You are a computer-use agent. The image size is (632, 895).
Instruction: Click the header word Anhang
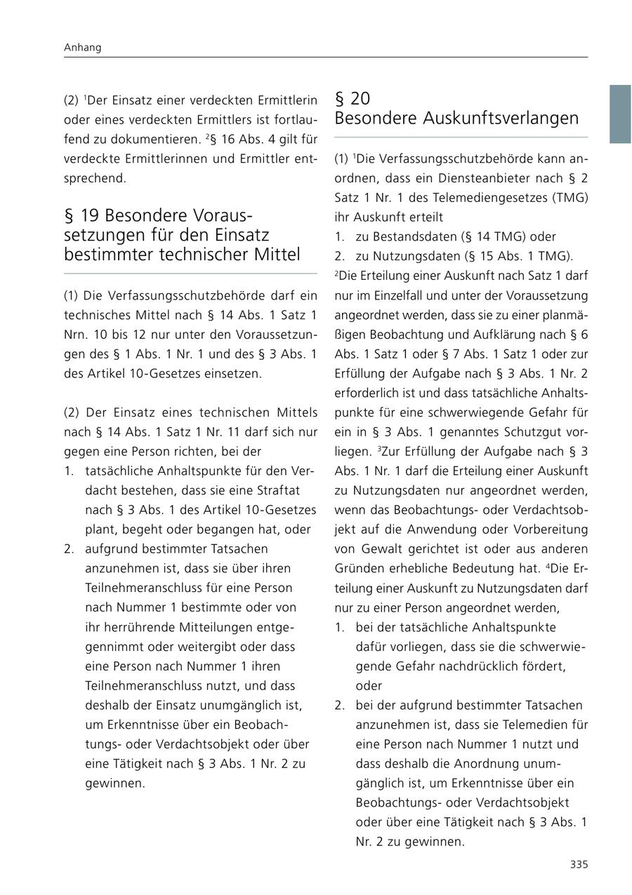tap(83, 48)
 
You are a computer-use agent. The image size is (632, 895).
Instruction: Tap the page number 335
tap(579, 864)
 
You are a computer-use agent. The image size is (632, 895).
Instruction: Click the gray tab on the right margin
tap(619, 114)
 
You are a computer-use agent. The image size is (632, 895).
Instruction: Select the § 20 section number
tap(353, 99)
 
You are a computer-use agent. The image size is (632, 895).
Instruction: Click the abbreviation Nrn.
tap(75, 334)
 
